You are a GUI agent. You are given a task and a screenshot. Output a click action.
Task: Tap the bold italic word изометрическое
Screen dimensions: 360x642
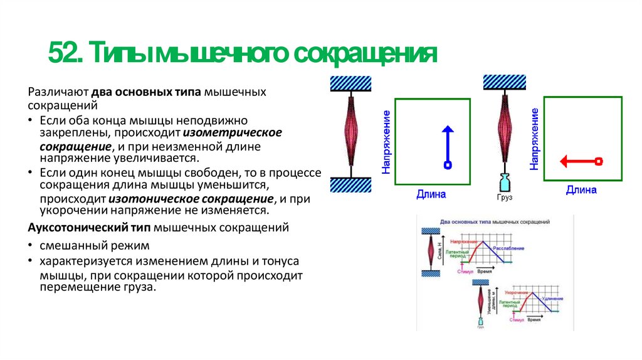[x=233, y=132]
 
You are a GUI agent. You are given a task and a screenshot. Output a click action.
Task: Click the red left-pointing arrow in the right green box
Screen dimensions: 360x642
[x=581, y=161]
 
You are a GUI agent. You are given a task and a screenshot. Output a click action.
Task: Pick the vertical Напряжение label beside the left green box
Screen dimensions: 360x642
[x=387, y=142]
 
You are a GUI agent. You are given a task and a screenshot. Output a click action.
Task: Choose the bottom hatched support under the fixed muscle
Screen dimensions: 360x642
[x=351, y=185]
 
